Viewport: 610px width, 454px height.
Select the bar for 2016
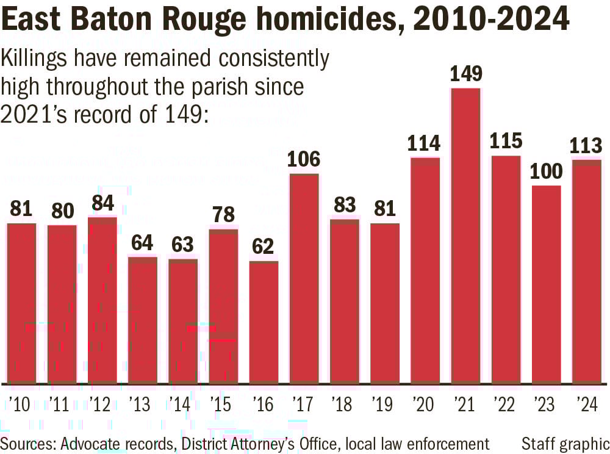(x=264, y=323)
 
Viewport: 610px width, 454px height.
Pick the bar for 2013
(x=142, y=321)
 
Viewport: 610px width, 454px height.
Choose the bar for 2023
(x=546, y=285)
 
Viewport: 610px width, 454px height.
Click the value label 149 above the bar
(x=465, y=74)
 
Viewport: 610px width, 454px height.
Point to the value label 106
(x=304, y=160)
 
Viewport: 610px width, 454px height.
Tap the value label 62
(x=264, y=247)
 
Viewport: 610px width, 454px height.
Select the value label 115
(x=506, y=142)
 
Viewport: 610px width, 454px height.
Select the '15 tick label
(x=222, y=405)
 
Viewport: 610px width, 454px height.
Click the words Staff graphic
(x=565, y=443)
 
